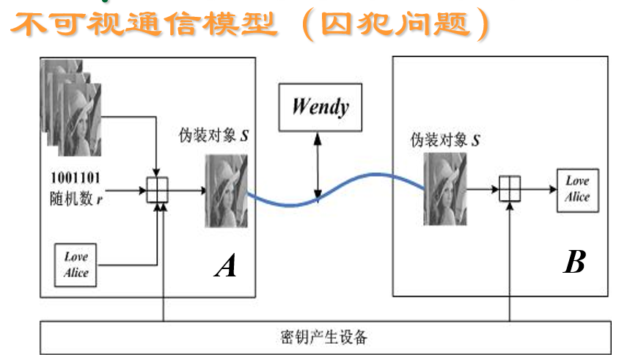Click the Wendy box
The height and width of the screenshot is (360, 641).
click(320, 107)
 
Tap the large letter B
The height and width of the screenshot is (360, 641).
click(574, 262)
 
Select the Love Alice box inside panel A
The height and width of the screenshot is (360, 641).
click(76, 265)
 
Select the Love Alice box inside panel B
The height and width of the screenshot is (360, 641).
click(577, 190)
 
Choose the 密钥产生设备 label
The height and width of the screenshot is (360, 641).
click(323, 338)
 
